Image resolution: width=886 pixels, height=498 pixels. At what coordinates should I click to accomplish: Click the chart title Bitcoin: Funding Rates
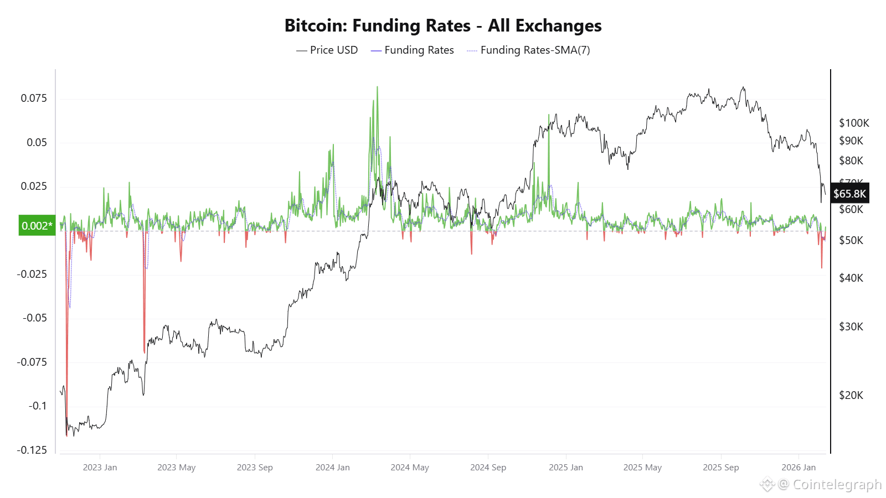(442, 25)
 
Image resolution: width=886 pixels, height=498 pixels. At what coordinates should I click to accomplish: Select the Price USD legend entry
(327, 50)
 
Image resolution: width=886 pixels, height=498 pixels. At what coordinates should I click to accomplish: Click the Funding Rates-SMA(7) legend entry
(529, 50)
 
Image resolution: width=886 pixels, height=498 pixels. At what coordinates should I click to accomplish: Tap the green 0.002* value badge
(37, 226)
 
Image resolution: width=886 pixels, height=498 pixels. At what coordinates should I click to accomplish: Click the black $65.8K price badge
(849, 194)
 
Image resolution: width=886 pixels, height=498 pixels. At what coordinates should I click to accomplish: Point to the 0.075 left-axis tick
(34, 98)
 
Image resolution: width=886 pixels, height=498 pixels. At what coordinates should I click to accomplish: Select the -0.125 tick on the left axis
(32, 450)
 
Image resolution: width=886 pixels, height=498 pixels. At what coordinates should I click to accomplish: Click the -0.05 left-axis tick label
(34, 318)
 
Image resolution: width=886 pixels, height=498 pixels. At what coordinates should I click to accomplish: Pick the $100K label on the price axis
(854, 123)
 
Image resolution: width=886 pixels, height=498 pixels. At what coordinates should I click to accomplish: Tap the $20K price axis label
(851, 395)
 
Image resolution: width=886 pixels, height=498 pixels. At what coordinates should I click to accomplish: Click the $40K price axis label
(851, 278)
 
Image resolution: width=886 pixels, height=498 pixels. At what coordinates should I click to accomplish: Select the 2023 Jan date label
(100, 468)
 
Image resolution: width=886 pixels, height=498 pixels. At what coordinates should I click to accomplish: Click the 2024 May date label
(410, 468)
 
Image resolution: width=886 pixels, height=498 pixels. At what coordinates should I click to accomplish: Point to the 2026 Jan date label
(799, 468)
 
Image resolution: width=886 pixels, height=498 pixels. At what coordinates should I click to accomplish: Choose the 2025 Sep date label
(720, 468)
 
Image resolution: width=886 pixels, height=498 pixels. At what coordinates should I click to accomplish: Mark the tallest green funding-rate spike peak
(377, 87)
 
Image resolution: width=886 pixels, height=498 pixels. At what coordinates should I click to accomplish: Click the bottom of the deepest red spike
(66, 435)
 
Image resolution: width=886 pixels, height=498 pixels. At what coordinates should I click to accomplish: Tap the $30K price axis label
(851, 326)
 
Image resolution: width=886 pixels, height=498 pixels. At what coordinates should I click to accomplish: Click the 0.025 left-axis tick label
(34, 186)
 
